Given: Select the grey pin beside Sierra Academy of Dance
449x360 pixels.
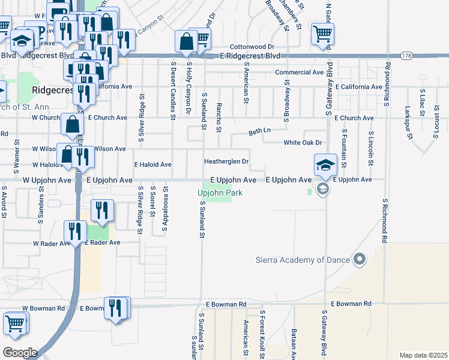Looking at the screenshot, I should (360, 259).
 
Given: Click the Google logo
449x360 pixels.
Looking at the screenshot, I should (20, 352).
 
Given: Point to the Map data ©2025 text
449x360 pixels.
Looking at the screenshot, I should (423, 355).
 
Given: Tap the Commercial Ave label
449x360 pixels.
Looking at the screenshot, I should (300, 72).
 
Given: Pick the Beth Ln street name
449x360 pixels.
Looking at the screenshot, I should (260, 130).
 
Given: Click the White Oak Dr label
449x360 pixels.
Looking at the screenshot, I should (303, 143).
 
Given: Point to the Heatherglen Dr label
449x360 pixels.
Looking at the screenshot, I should (226, 161).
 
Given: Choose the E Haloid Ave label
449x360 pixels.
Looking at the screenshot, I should (152, 164).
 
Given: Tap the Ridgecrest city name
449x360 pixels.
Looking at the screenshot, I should (52, 90).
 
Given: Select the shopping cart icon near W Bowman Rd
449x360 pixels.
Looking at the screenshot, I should (15, 324).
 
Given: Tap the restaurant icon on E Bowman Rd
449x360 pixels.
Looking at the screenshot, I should (116, 308).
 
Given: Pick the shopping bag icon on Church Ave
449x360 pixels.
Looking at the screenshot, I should (72, 125).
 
